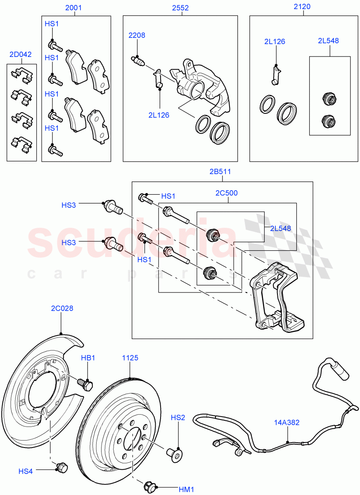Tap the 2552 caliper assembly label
(x=180, y=7)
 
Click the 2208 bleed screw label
(x=137, y=35)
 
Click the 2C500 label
(x=227, y=193)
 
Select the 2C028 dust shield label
(x=62, y=308)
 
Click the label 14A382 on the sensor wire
(x=287, y=422)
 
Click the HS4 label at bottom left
(x=25, y=471)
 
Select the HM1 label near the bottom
(x=186, y=489)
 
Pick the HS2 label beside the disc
(x=178, y=418)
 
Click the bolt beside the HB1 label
(x=87, y=385)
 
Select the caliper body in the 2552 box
(x=200, y=85)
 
